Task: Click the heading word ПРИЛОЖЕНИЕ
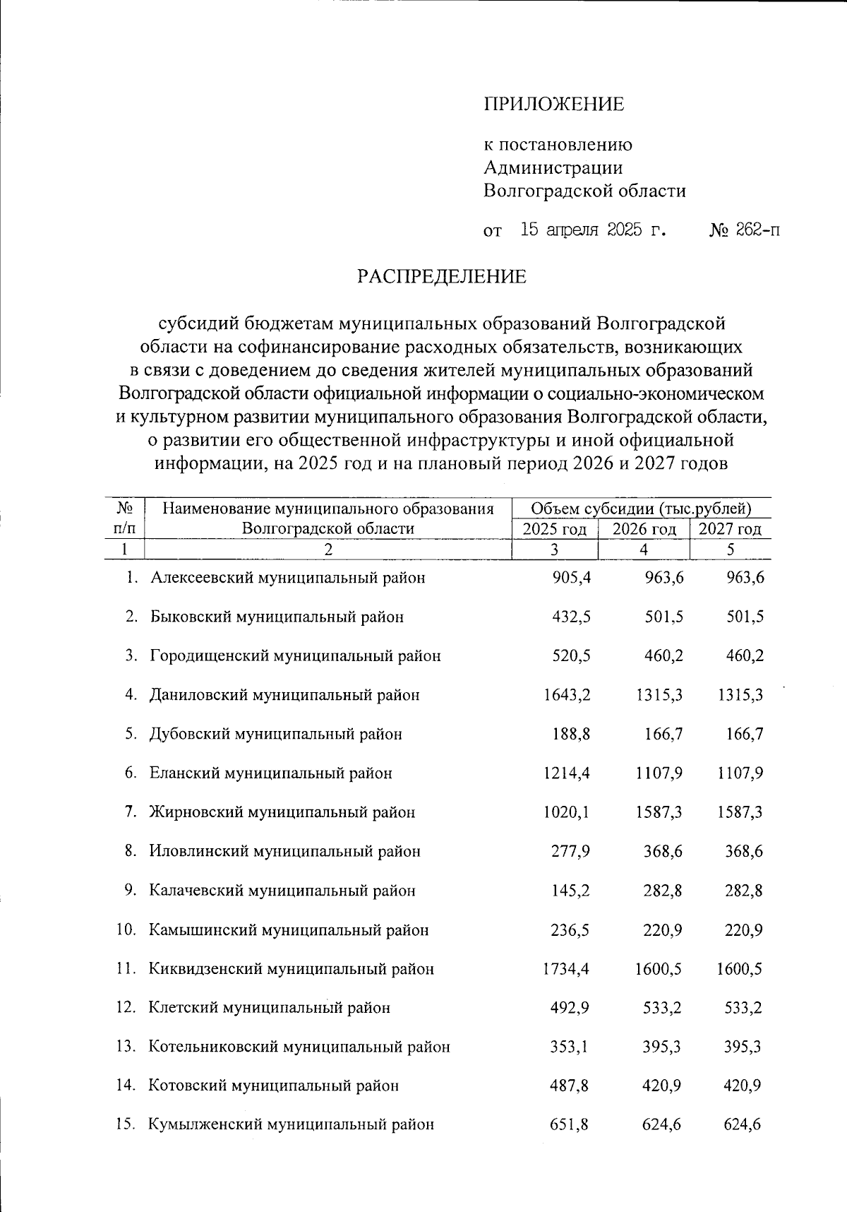[x=554, y=105]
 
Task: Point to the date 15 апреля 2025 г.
[x=593, y=230]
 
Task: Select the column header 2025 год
[x=554, y=529]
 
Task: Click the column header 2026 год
[x=644, y=529]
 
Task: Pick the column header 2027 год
[x=730, y=529]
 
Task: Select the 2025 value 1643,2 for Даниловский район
[x=566, y=695]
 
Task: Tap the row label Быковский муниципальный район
[x=276, y=617]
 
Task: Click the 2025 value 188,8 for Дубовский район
[x=570, y=734]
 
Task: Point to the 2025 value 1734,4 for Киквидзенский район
[x=566, y=968]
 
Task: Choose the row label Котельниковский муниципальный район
[x=299, y=1047]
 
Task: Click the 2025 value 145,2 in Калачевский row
[x=570, y=891]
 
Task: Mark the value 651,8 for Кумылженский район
[x=570, y=1124]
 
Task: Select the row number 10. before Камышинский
[x=126, y=929]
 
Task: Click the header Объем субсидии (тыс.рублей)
[x=640, y=508]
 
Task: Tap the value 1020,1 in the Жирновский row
[x=566, y=812]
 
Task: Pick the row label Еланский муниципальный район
[x=270, y=773]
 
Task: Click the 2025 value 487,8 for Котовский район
[x=570, y=1086]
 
